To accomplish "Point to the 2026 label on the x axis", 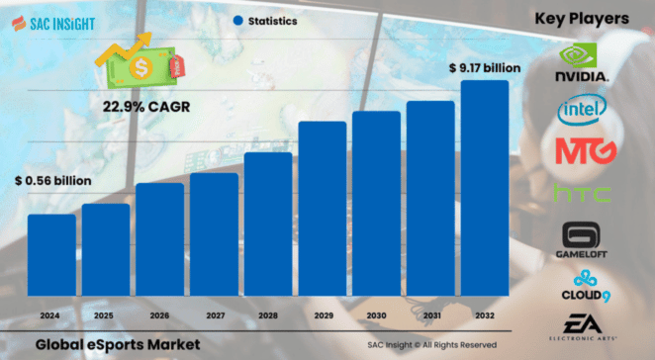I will [159, 316].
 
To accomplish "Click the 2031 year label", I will [430, 316].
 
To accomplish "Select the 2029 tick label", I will [322, 316].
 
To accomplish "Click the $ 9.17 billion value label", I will [482, 68].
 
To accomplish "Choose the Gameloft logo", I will [585, 240].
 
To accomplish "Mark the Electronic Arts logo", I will [585, 325].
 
